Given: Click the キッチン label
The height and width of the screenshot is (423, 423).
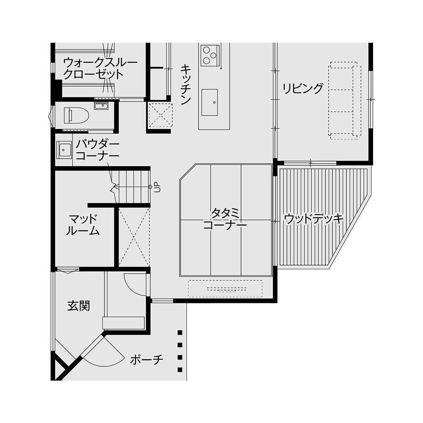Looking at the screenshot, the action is (185, 84).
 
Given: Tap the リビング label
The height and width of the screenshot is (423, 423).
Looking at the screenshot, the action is (303, 88).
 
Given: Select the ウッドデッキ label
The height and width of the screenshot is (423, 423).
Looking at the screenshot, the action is (314, 219).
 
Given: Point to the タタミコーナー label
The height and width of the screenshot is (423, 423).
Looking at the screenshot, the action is (225, 219).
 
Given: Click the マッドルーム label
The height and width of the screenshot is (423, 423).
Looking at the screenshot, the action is (83, 225).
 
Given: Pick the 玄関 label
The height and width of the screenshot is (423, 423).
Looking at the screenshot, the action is (79, 306).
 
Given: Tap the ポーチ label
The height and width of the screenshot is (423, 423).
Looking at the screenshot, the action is (147, 360).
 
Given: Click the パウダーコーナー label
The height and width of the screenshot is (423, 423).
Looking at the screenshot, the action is (97, 150).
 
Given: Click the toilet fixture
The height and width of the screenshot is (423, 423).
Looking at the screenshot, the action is (76, 115).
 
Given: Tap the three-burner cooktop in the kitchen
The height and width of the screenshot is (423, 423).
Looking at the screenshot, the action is (210, 55).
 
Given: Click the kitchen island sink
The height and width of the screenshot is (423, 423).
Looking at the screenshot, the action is (210, 102).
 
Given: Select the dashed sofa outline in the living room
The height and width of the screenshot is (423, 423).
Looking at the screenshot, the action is (345, 101).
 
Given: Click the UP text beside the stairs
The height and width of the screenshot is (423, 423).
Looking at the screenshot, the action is (157, 187).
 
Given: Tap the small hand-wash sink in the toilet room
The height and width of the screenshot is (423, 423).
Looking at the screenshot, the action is (101, 106).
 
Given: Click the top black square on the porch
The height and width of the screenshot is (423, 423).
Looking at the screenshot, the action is (180, 332).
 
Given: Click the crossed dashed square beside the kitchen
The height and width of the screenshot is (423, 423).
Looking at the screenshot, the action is (160, 115).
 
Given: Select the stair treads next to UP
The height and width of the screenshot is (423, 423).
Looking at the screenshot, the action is (132, 187).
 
